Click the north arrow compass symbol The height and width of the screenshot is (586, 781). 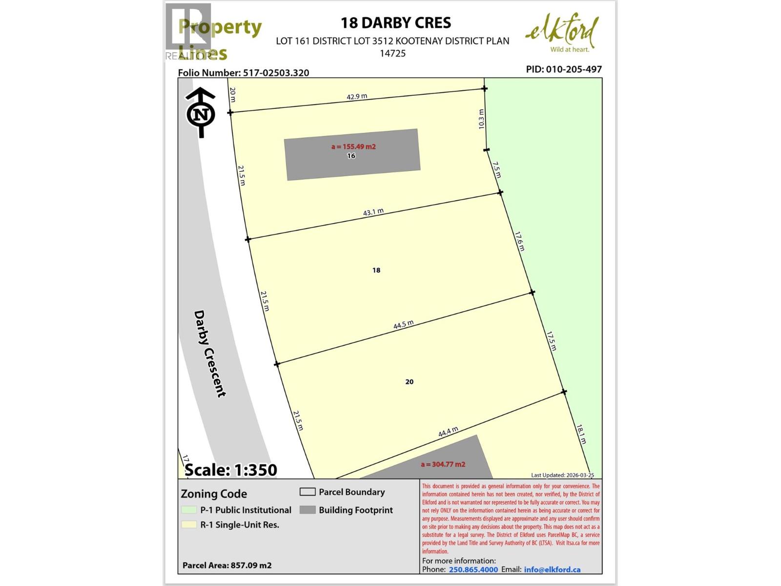tap(201, 113)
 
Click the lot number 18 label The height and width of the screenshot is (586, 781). tap(376, 270)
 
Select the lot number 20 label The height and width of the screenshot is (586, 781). tap(410, 382)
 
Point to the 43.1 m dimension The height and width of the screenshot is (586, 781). tap(373, 212)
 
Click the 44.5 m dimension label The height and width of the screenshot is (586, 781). tap(404, 325)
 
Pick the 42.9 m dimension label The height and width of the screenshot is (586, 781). tap(357, 97)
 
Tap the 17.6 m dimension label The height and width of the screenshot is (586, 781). tap(519, 241)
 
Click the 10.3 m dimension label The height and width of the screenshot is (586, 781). tap(482, 119)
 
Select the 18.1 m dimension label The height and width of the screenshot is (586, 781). tap(581, 434)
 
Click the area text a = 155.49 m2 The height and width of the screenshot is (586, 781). tap(353, 146)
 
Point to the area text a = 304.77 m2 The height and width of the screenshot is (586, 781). tap(443, 464)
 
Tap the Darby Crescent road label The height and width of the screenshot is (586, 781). tap(210, 354)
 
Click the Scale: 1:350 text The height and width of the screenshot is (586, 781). tap(231, 470)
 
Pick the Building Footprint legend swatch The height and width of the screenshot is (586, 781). tap(308, 510)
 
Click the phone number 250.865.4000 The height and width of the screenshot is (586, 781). tap(473, 569)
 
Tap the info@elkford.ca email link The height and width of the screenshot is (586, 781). tap(552, 569)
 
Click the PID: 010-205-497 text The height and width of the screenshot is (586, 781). tap(564, 69)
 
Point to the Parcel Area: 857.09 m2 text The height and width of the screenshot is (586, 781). tap(227, 565)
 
